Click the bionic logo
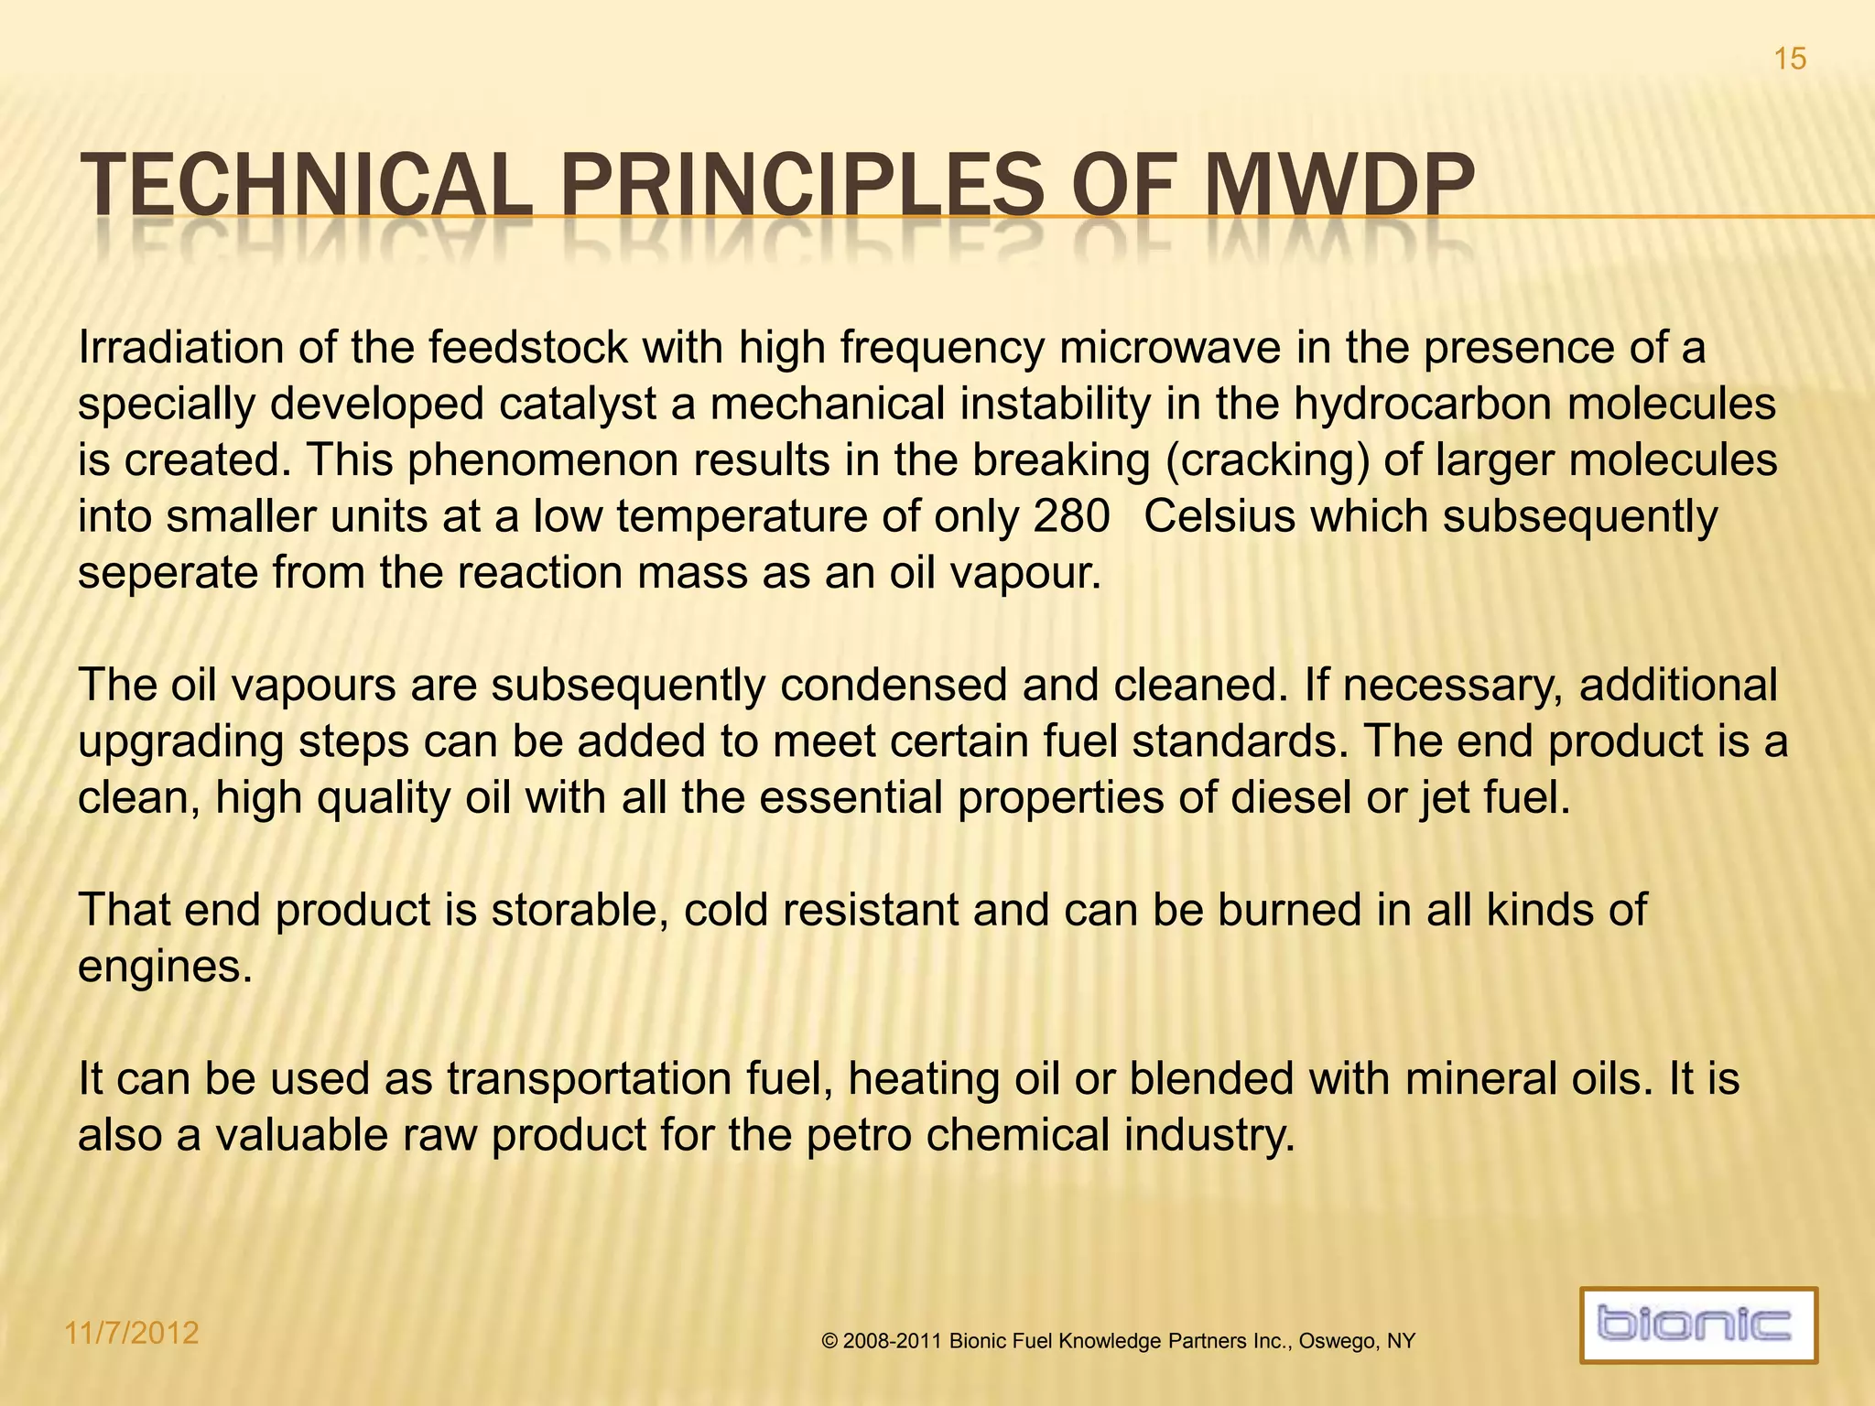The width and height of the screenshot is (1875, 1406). pyautogui.click(x=1698, y=1325)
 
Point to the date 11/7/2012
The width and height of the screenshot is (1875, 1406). pyautogui.click(x=132, y=1333)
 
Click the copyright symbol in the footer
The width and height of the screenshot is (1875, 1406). pyautogui.click(x=829, y=1342)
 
